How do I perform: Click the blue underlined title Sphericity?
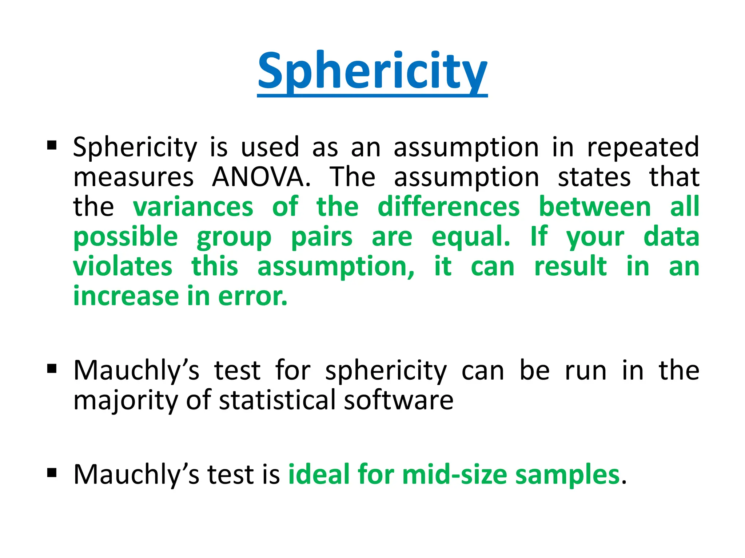[x=372, y=71]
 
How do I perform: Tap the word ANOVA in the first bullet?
[x=261, y=177]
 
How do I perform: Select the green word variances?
[x=193, y=207]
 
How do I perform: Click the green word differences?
[x=449, y=207]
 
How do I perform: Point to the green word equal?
[x=471, y=236]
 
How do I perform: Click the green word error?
[x=252, y=296]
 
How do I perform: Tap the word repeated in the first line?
[x=643, y=147]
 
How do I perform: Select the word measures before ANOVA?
[x=134, y=178]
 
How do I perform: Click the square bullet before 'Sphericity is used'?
[x=52, y=146]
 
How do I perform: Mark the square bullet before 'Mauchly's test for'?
[x=52, y=369]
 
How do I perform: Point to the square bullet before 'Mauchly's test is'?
[x=52, y=473]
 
